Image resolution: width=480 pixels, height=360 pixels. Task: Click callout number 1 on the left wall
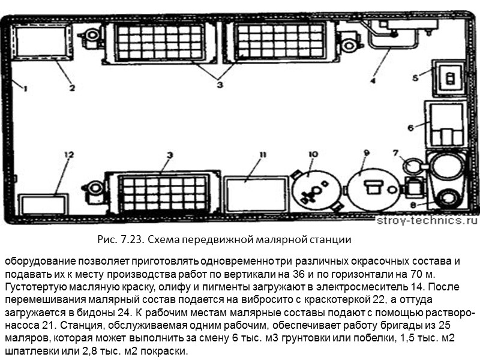pos(25,88)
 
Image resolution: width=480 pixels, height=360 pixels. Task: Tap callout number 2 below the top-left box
pos(71,88)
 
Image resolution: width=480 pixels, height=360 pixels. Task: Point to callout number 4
pos(373,79)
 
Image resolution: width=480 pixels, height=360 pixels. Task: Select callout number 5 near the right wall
pos(415,77)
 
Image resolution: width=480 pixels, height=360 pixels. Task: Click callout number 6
pos(411,127)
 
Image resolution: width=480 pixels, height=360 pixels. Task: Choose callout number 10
pos(312,154)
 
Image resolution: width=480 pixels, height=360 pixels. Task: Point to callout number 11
pos(262,154)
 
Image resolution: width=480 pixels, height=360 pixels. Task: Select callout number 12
pos(70,155)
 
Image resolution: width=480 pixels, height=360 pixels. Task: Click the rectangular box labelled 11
pos(248,193)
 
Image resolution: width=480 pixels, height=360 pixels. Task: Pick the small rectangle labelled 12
pos(43,205)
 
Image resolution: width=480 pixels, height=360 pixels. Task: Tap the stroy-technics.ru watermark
pos(422,220)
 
